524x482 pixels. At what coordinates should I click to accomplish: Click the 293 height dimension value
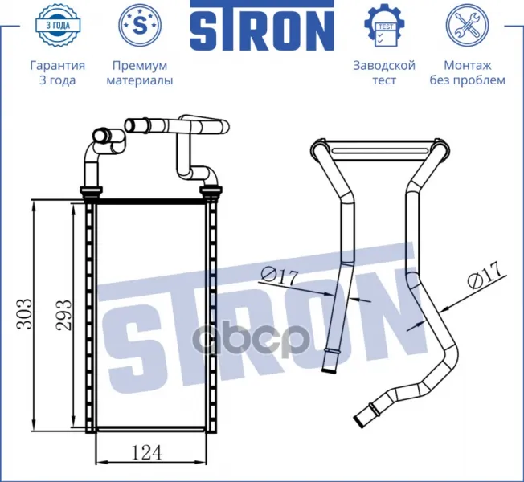(63, 315)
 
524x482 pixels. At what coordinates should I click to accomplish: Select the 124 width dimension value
(147, 452)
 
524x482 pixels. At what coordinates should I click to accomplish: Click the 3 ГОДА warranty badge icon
(58, 25)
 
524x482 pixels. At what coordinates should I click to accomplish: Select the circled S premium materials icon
(140, 25)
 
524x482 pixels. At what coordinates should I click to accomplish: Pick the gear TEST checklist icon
(384, 25)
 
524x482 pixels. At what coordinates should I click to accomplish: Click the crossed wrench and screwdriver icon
(467, 25)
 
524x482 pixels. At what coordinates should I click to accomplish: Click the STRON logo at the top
(262, 26)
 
